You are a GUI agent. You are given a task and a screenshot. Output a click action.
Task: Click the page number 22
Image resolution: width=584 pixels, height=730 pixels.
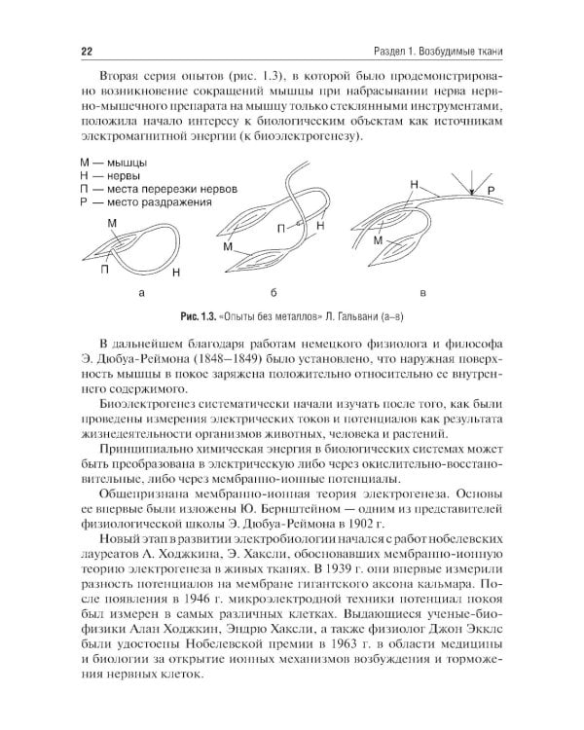(59, 52)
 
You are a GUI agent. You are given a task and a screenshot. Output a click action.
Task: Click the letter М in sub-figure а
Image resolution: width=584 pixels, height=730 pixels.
(112, 224)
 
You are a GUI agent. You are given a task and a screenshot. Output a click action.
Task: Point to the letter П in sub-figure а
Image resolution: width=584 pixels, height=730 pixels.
(104, 270)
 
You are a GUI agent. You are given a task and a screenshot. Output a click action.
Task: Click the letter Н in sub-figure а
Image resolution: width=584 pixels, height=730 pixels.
(174, 272)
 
